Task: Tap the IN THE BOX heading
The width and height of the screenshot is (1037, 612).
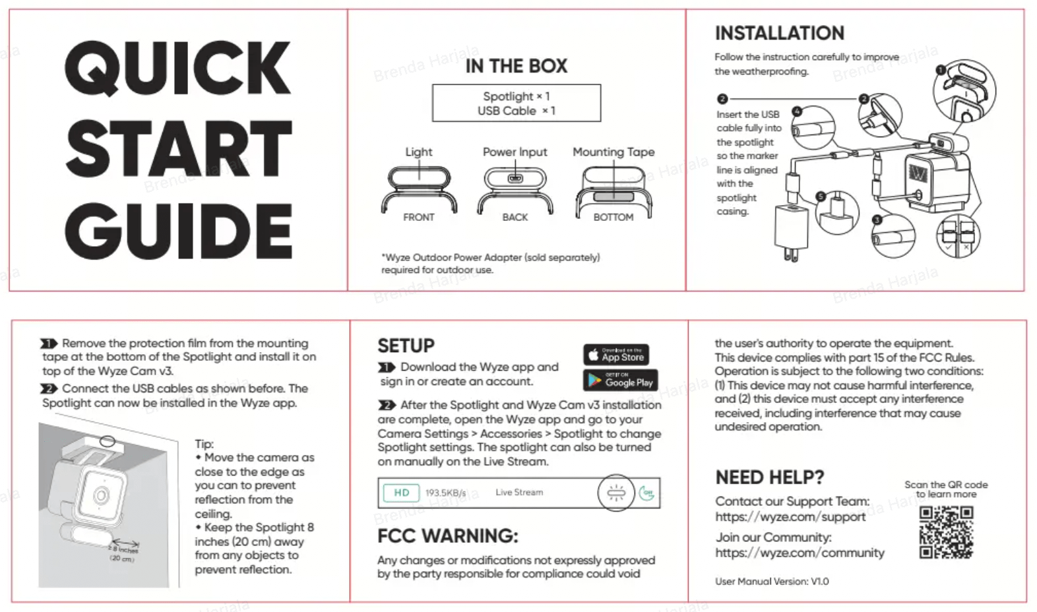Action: tap(516, 66)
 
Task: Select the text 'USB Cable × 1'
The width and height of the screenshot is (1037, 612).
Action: tap(516, 111)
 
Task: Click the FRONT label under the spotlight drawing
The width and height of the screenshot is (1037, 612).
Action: tap(418, 217)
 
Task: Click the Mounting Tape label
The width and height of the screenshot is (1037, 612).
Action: tap(613, 152)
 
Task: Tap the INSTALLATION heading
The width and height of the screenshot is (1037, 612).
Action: tap(779, 33)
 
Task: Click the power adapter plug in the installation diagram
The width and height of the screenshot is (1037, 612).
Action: tap(792, 231)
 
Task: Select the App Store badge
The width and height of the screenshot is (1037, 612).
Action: tap(616, 355)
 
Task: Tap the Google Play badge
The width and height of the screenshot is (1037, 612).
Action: tap(620, 381)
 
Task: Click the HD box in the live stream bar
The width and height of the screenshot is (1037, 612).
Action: tap(402, 493)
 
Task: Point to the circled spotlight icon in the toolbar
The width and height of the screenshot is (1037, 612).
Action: tap(615, 493)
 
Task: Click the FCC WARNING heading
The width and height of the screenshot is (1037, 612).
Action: tap(447, 535)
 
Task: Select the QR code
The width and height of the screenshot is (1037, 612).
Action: tap(946, 532)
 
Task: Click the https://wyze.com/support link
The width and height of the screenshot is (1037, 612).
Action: tap(790, 517)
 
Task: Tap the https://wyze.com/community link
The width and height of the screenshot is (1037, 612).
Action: tap(800, 553)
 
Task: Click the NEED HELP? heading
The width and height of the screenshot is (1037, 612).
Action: tap(769, 477)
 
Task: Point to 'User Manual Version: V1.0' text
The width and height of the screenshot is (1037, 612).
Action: tap(771, 581)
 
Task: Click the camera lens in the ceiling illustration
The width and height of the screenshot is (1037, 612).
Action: tap(101, 495)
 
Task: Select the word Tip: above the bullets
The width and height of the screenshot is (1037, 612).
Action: tap(204, 444)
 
